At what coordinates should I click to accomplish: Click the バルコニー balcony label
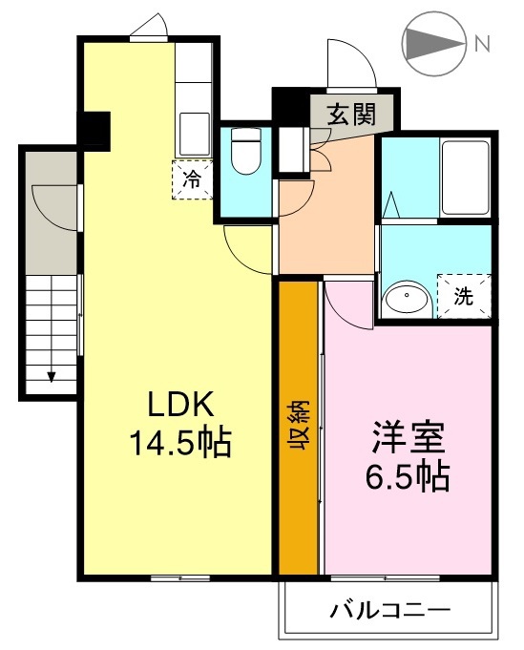390,609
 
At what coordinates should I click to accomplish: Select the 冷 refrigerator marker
192,178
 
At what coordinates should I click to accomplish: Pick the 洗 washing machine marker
463,295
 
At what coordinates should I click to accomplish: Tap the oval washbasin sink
408,300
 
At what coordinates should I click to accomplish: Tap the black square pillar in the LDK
94,128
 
